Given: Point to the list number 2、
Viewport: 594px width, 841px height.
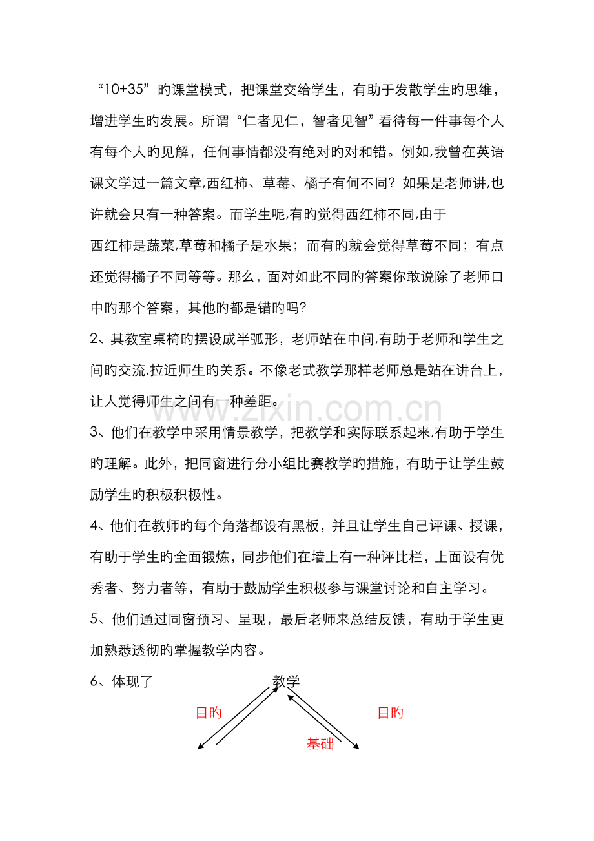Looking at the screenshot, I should [x=100, y=340].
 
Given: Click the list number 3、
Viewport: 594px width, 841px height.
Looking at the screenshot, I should [x=100, y=433].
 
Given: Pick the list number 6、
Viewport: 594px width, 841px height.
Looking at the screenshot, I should [x=100, y=681].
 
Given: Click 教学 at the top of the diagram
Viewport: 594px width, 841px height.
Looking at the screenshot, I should [x=286, y=681].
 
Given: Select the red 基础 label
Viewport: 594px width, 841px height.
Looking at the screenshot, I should [x=320, y=743].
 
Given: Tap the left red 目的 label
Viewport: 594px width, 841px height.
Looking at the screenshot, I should [x=209, y=712].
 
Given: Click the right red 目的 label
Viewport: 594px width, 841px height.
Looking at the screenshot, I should [x=390, y=712].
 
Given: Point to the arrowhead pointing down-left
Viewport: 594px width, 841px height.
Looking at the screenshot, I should [x=200, y=748].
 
